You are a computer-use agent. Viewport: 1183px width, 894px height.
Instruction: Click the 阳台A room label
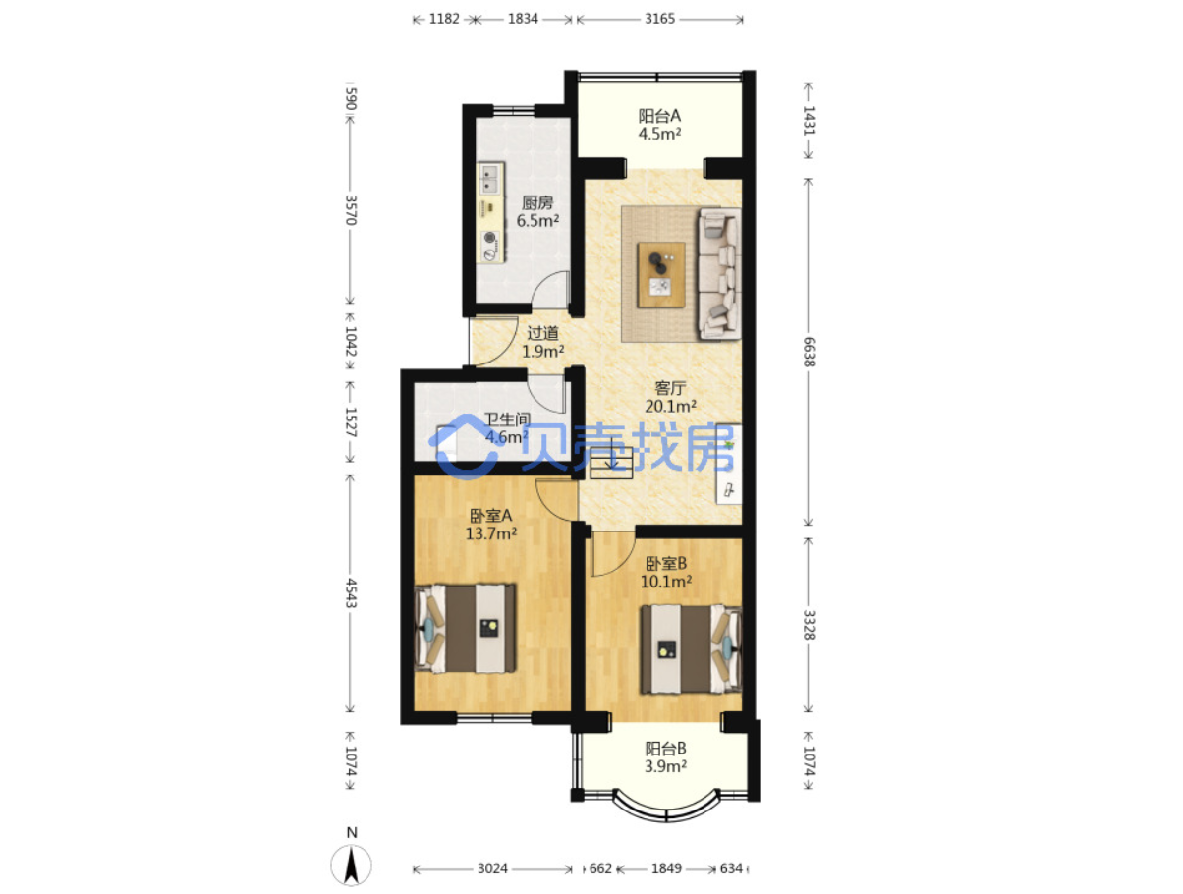[x=659, y=115]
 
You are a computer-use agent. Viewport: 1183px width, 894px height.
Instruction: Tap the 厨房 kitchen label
[x=537, y=202]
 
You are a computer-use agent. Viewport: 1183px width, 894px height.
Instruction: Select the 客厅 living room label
[x=670, y=387]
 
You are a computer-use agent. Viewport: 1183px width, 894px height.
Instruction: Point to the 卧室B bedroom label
[x=666, y=563]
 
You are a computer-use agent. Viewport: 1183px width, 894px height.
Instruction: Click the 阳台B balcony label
[x=665, y=748]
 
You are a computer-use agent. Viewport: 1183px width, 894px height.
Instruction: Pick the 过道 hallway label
[x=542, y=333]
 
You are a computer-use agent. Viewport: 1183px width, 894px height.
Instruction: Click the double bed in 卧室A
[x=465, y=628]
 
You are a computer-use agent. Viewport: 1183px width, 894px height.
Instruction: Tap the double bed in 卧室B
[x=691, y=648]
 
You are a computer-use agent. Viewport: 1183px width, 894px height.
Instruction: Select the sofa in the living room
[x=719, y=274]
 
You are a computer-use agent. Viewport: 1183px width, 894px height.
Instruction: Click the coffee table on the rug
[x=660, y=275]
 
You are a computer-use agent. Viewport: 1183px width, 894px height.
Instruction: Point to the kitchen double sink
[x=491, y=179]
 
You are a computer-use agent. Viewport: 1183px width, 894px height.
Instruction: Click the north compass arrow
[x=352, y=866]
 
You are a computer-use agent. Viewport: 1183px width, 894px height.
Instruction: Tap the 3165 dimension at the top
[x=659, y=19]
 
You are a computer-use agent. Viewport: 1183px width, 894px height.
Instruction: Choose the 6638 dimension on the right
[x=809, y=352]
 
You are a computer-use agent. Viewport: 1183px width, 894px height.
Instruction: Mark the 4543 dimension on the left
[x=351, y=592]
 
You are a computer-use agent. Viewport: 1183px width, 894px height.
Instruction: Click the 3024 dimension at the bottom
[x=492, y=868]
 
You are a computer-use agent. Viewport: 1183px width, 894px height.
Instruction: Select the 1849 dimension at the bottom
[x=666, y=868]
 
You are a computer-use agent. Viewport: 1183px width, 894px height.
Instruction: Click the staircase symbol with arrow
[x=611, y=463]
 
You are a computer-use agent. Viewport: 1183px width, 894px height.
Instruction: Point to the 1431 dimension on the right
[x=809, y=120]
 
